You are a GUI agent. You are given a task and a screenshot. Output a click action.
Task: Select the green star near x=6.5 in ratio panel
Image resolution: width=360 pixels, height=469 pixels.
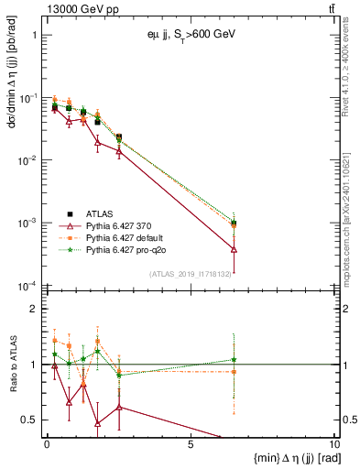point(235,360)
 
